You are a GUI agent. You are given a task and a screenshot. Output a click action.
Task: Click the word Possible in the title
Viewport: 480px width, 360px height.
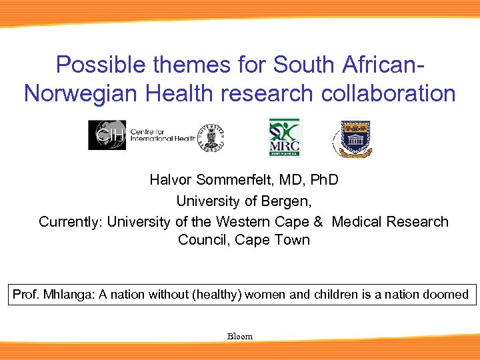click(93, 65)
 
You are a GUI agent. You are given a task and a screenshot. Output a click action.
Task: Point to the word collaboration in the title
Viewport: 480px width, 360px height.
click(389, 93)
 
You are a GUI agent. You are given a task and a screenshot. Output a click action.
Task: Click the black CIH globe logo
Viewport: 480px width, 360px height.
click(107, 135)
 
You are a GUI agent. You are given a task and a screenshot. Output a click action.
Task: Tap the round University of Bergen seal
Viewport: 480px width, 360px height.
click(210, 138)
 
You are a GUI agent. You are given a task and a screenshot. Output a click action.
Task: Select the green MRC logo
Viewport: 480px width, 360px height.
click(285, 137)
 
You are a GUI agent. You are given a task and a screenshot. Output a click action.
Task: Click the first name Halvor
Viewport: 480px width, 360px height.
click(170, 180)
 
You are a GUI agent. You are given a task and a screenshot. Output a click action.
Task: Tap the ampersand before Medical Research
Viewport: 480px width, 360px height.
click(318, 221)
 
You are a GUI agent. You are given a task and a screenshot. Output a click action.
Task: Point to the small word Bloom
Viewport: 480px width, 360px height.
click(240, 337)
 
